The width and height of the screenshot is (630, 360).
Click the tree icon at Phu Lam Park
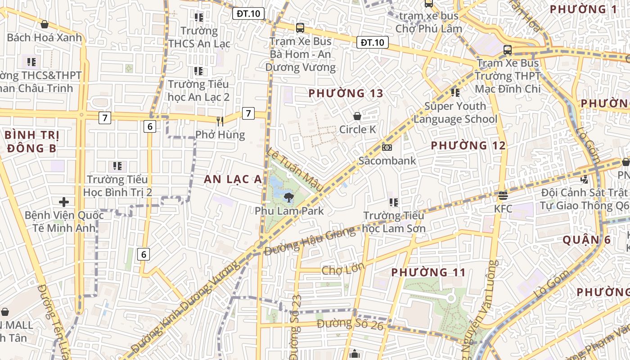pos(288,197)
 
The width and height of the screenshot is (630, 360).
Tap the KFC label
pos(503,209)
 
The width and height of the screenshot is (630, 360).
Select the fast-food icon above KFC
pos(503,196)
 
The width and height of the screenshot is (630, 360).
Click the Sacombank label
pos(387,161)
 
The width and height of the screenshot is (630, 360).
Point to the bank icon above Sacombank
pos(387,148)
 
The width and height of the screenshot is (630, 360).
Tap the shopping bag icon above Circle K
pos(357,116)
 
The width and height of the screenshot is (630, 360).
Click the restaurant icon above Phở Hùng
pos(220,121)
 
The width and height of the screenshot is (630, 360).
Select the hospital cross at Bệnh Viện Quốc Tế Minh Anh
pos(64,202)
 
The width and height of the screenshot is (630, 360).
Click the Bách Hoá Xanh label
pos(45,37)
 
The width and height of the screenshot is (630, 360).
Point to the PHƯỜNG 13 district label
pos(346,94)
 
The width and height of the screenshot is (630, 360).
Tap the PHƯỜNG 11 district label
pos(428,272)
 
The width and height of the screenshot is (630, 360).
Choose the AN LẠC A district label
pos(233,179)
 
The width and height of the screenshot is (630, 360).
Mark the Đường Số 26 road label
pos(350,324)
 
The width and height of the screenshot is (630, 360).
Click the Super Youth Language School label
pos(455,112)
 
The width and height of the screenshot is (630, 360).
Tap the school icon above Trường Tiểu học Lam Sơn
pos(394,202)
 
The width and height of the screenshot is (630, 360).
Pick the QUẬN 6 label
pos(587,240)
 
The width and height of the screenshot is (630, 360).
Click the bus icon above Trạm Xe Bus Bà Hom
pos(300,27)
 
